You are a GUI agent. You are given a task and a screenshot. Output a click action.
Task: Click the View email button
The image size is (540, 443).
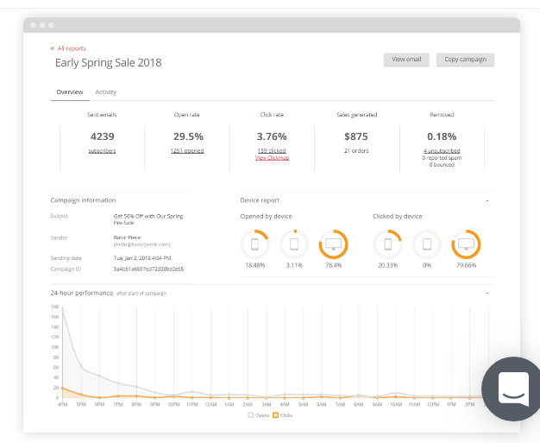coord(405,60)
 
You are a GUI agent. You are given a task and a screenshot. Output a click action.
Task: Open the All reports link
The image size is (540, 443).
coord(71,48)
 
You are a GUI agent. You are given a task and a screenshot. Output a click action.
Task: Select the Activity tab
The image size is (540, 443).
coord(105,92)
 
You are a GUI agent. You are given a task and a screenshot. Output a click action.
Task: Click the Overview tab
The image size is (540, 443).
coord(69,92)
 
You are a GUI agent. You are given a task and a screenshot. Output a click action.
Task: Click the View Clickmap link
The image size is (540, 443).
coord(272,158)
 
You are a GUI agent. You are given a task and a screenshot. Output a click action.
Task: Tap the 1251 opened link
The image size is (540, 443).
coord(187,151)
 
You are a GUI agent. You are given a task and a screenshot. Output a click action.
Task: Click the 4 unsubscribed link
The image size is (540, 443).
coord(442,151)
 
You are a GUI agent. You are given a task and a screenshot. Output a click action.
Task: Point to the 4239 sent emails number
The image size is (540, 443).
coord(102,136)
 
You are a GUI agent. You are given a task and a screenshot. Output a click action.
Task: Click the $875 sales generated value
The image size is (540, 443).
coord(356,136)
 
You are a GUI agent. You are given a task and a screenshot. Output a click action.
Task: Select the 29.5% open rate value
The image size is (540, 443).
coord(187,136)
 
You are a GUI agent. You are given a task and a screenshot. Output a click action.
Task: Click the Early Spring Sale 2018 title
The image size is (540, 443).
coord(108,63)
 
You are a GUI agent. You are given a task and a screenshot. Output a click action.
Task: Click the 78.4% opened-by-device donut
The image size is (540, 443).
coord(333,244)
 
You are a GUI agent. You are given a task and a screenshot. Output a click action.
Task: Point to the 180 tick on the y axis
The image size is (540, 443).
coord(54,306)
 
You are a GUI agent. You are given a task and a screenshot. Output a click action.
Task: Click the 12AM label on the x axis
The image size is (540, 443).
coord(211,404)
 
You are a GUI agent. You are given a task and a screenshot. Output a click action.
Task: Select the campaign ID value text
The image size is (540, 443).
coord(148,269)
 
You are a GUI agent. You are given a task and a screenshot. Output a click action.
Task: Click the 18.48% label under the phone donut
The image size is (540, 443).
coord(254,265)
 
